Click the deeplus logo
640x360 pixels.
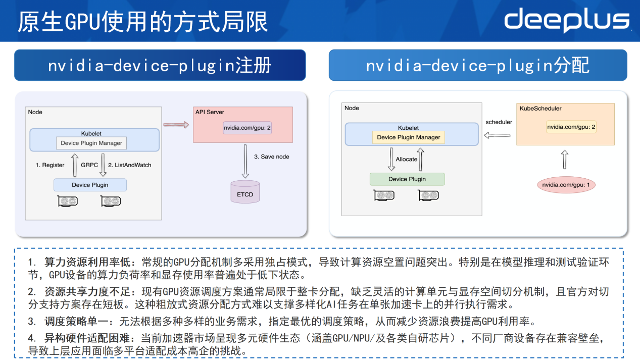pyautogui.click(x=567, y=20)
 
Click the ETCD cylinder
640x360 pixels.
pyautogui.click(x=245, y=191)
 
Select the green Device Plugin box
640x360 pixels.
pyautogui.click(x=407, y=179)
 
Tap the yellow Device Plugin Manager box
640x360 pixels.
pyautogui.click(x=409, y=137)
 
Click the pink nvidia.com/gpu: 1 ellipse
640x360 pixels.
pyautogui.click(x=566, y=185)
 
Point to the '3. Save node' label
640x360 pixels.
pyautogui.click(x=271, y=157)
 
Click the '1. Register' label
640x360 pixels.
pyautogui.click(x=50, y=165)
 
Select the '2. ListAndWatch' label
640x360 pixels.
pyautogui.click(x=129, y=165)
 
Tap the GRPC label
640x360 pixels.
pyautogui.click(x=89, y=165)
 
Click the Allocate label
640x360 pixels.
pyautogui.click(x=406, y=160)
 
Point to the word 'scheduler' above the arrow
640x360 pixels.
pyautogui.click(x=499, y=122)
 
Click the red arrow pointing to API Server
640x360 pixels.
pyautogui.click(x=176, y=125)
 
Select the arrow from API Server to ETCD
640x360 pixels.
pyautogui.click(x=245, y=161)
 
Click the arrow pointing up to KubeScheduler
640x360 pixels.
pyautogui.click(x=565, y=160)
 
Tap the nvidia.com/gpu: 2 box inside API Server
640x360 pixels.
pyautogui.click(x=247, y=128)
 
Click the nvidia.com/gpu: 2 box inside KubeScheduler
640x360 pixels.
pyautogui.click(x=571, y=127)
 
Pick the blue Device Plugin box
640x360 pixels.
pyautogui.click(x=90, y=185)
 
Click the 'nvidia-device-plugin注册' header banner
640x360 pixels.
pyautogui.click(x=160, y=65)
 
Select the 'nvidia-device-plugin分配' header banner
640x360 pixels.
pyautogui.click(x=478, y=65)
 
